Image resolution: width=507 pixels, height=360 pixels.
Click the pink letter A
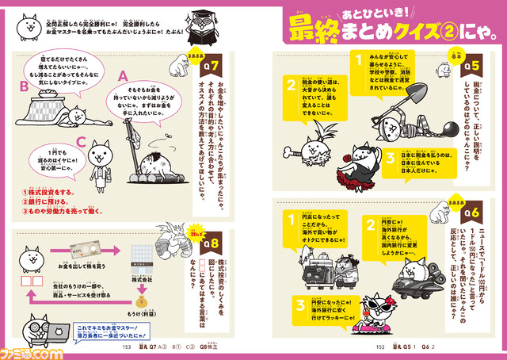pyautogui.click(x=123, y=75)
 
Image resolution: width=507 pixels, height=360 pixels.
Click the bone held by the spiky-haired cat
pyautogui.click(x=297, y=151)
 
